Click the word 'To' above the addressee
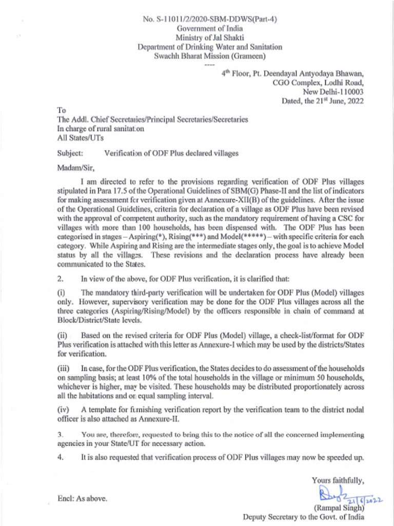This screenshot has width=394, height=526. pos(62,110)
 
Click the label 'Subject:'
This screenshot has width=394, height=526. pos(72,153)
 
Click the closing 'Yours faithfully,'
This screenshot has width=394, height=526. pos(338,481)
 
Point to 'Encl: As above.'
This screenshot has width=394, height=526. pos(82,498)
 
